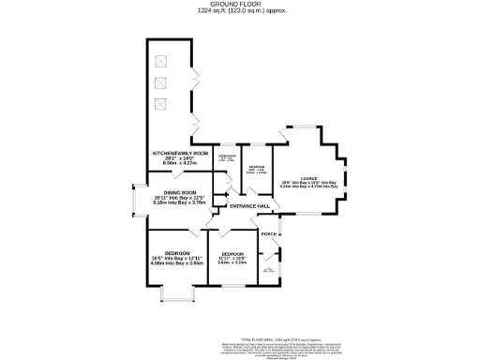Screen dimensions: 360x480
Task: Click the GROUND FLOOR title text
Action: click(241, 4)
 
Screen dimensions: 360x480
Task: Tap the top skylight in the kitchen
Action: click(160, 61)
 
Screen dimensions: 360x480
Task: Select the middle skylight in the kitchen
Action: click(160, 82)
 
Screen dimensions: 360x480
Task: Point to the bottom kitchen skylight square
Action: click(160, 103)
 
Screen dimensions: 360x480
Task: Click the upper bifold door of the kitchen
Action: click(194, 78)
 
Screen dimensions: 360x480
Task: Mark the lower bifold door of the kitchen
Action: click(196, 126)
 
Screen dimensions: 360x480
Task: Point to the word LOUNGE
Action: click(309, 178)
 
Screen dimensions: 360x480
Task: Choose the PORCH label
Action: click(268, 233)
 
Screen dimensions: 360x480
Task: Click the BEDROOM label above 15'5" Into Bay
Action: click(177, 253)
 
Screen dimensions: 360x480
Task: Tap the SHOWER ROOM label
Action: click(227, 156)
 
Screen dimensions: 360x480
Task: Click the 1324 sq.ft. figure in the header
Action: click(215, 10)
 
